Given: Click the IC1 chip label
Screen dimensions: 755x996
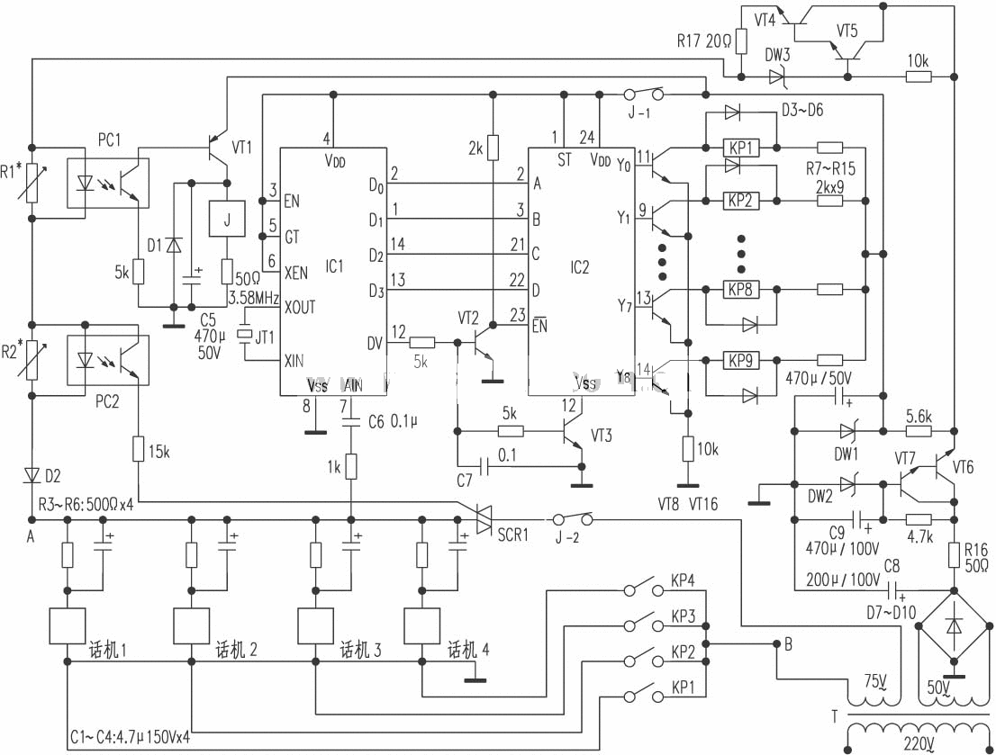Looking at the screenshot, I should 334,266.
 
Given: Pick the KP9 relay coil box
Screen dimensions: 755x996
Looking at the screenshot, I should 741,361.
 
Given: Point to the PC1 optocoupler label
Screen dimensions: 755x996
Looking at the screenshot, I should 109,142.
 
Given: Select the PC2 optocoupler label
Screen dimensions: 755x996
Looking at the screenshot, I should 107,402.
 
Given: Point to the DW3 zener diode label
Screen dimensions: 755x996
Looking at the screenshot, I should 777,55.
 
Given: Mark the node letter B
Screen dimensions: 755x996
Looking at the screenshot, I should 789,644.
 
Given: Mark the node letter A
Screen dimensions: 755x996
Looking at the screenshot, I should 32,538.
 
